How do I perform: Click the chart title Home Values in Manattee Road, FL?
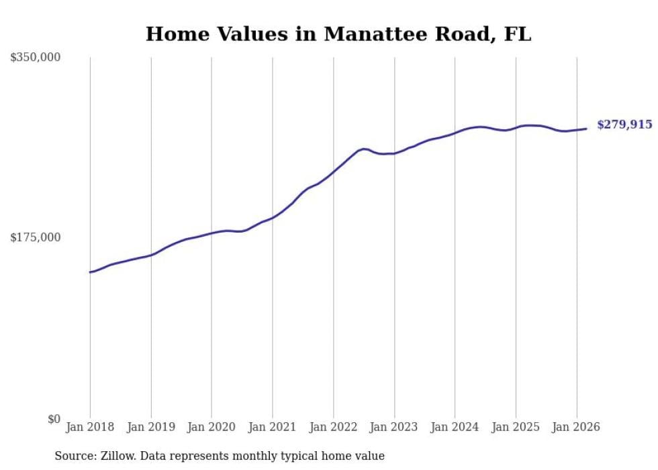click(x=338, y=34)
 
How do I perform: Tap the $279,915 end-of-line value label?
click(x=624, y=124)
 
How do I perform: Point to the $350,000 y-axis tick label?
click(x=35, y=58)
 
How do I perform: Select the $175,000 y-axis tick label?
click(x=35, y=237)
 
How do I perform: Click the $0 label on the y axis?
click(x=54, y=419)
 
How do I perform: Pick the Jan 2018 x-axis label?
click(x=90, y=427)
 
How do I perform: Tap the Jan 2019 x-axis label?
click(x=151, y=427)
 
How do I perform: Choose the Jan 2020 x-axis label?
click(x=211, y=427)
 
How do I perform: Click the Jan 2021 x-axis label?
click(x=273, y=427)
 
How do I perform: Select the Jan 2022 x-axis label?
click(x=333, y=427)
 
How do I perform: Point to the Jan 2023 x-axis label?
click(x=394, y=427)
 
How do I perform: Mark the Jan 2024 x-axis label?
click(x=455, y=427)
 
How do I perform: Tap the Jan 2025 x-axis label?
click(x=516, y=427)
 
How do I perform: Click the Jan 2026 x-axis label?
click(x=577, y=427)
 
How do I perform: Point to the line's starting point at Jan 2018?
click(x=90, y=272)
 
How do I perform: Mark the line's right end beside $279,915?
click(x=586, y=128)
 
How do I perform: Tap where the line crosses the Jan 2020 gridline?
click(x=211, y=233)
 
